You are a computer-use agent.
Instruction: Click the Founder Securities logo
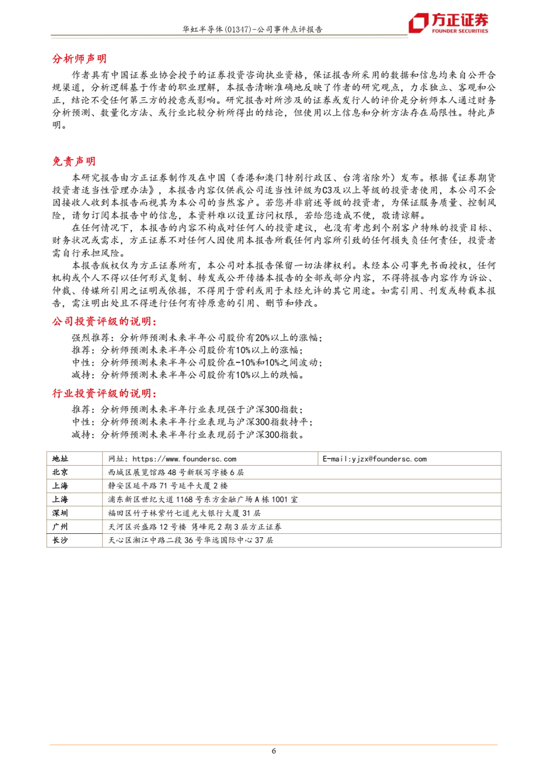(448, 23)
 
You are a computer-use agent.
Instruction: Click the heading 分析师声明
(79, 59)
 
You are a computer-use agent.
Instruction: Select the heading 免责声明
(74, 161)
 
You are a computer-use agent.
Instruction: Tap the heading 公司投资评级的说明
(105, 321)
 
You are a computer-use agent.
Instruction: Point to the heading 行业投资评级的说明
(105, 394)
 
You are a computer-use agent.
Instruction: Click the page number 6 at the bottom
(274, 751)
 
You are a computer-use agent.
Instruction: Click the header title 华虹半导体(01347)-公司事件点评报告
(252, 29)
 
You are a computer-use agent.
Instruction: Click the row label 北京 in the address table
(60, 472)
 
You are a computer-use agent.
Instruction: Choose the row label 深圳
(60, 513)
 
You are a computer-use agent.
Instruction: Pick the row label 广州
(60, 527)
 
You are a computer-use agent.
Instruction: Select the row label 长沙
(60, 540)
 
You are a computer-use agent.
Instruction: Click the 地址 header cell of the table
(60, 459)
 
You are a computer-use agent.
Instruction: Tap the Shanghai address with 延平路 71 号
(168, 486)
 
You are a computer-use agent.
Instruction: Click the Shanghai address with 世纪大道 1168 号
(203, 500)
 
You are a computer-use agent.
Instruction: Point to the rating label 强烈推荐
(90, 338)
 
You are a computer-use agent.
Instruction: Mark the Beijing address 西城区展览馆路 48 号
(176, 472)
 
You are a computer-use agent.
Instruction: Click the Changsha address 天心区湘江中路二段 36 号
(191, 540)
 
